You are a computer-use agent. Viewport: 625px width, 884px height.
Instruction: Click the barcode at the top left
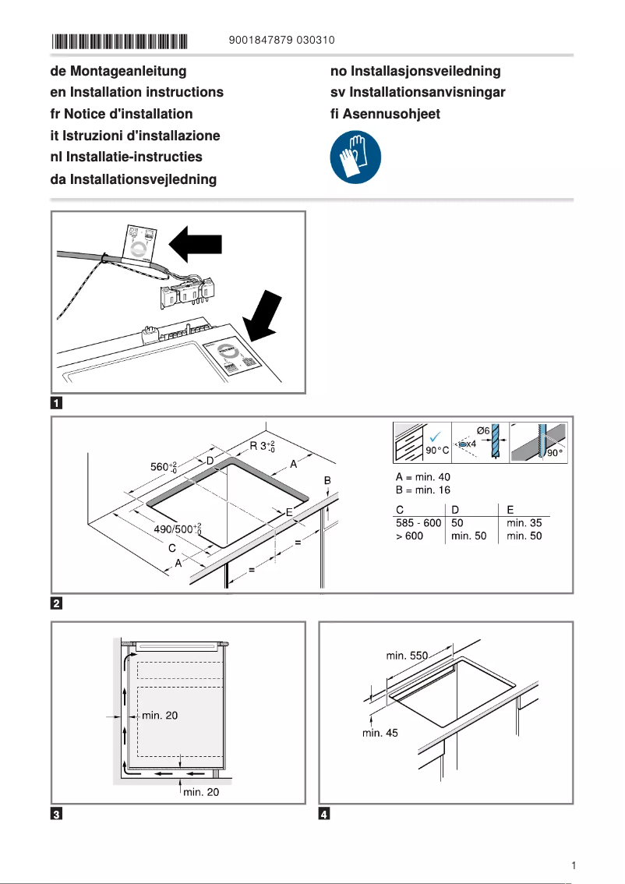coord(120,41)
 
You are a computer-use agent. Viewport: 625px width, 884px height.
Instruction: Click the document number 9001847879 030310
coord(283,40)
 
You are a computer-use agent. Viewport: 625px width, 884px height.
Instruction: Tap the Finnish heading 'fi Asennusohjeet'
coord(385,114)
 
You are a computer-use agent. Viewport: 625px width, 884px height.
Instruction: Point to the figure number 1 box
coord(57,404)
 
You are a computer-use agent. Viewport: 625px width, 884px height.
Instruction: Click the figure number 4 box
coord(325,815)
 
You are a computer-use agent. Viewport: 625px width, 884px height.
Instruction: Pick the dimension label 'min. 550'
coord(408,656)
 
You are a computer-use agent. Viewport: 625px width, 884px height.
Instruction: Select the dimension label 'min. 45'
coord(380,733)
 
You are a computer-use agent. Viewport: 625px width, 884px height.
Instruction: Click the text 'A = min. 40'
coord(422,477)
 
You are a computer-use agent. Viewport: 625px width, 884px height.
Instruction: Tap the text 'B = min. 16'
coord(422,490)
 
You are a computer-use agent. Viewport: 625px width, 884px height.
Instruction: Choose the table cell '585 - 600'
coord(418,522)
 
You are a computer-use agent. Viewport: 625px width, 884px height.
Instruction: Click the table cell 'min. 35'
coord(524,522)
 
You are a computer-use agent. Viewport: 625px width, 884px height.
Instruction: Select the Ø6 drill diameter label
coord(484,430)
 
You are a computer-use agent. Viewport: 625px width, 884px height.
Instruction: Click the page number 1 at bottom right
coord(573,865)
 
